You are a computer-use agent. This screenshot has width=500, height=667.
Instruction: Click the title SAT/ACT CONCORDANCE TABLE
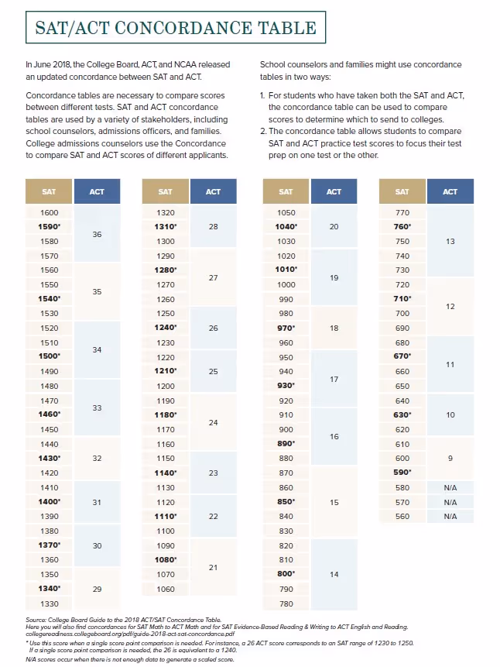176,29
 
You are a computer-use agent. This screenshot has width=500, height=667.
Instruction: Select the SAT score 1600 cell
49,212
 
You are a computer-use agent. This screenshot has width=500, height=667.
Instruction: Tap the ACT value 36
97,234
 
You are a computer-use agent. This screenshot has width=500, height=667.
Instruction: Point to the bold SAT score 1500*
49,356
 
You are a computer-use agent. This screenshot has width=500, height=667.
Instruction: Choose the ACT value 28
213,226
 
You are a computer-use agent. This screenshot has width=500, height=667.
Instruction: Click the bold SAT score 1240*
166,328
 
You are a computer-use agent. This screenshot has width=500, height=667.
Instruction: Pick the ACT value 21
213,567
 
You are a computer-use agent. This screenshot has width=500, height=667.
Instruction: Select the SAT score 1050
286,212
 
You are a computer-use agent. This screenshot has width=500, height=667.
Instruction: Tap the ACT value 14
334,574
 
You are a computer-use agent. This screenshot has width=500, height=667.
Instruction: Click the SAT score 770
402,212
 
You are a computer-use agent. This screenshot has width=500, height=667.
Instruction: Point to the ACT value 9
450,459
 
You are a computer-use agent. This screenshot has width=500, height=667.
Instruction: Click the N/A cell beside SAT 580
450,487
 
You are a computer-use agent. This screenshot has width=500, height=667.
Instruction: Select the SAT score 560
402,516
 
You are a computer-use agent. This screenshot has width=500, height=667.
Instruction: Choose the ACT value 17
334,380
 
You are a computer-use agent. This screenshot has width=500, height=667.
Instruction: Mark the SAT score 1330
49,603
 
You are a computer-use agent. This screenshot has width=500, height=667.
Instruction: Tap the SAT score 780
286,603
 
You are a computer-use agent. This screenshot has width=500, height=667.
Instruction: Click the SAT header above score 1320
166,191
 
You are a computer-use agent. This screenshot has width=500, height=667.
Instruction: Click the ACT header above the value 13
450,191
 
